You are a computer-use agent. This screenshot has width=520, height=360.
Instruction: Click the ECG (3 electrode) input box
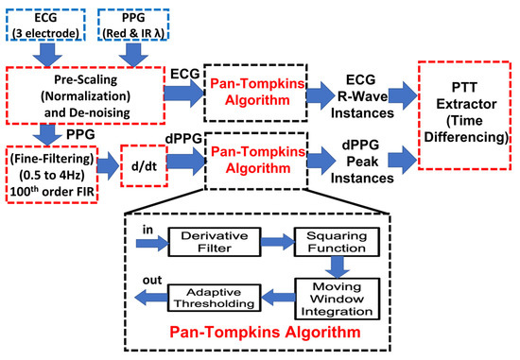pos(46,26)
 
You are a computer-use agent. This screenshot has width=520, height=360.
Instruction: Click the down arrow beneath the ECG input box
pos(46,55)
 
